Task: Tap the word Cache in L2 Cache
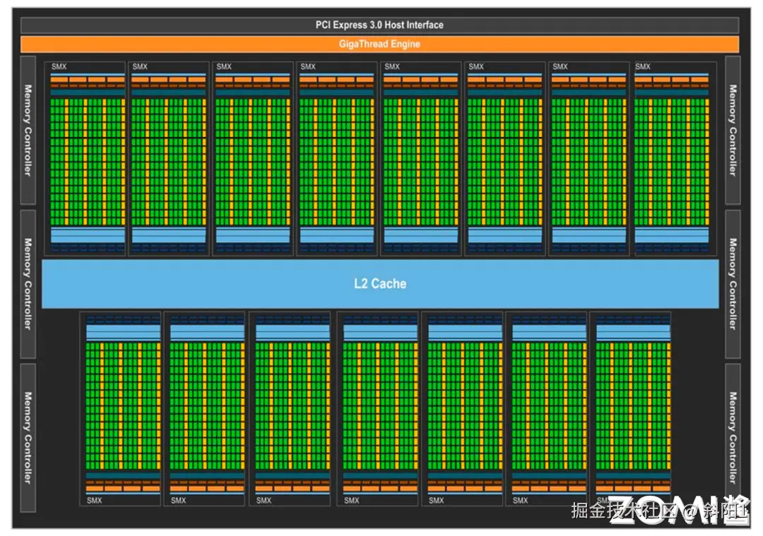click(x=389, y=284)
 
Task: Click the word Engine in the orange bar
click(x=405, y=44)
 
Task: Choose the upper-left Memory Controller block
click(x=28, y=131)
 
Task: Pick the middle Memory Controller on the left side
click(x=28, y=284)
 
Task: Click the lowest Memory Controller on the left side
click(x=28, y=438)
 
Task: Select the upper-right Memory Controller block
click(x=733, y=131)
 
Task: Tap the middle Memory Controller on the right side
click(x=733, y=284)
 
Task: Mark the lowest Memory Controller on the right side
click(x=733, y=438)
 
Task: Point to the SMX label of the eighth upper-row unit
click(x=642, y=67)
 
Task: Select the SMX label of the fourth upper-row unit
click(x=308, y=67)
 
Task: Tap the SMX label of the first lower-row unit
click(x=94, y=501)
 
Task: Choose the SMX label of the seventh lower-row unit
click(x=604, y=501)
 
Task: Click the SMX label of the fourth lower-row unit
click(x=351, y=501)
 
